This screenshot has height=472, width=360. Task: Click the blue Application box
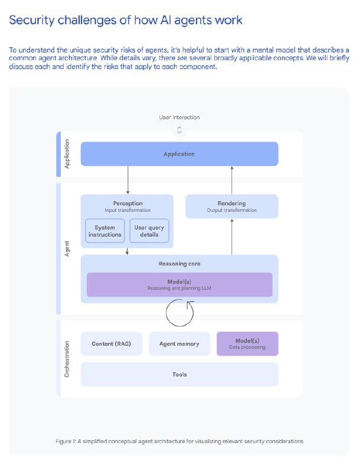click(179, 154)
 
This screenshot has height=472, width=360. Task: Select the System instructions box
click(104, 231)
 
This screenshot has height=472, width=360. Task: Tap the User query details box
click(149, 231)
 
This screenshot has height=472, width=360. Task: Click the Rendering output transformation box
click(232, 206)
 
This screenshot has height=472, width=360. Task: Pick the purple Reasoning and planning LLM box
click(179, 285)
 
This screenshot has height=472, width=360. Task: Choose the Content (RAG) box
click(112, 344)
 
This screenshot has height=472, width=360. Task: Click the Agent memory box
click(179, 344)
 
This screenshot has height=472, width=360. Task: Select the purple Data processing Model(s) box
click(247, 344)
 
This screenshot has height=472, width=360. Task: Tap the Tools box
click(179, 375)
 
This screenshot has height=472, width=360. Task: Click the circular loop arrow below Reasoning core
click(166, 313)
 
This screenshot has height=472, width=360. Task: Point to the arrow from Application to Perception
click(128, 180)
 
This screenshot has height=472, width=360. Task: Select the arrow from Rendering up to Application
click(232, 180)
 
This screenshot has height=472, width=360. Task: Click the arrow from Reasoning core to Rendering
click(232, 237)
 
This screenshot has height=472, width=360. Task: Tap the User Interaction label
click(179, 117)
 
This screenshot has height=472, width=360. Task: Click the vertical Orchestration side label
click(67, 359)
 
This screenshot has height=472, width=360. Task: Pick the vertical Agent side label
click(67, 248)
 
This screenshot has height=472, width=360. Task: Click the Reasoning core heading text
click(179, 264)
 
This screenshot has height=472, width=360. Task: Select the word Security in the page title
click(32, 21)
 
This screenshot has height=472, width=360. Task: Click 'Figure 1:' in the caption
click(66, 441)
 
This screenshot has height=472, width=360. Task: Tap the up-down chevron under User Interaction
click(179, 130)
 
